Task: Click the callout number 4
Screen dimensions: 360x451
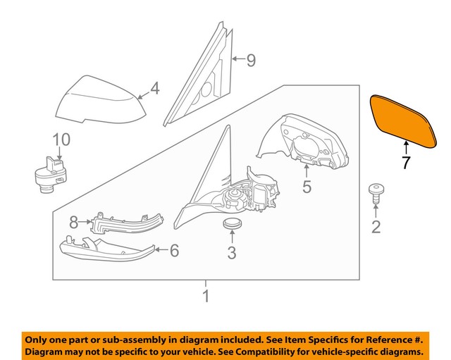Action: click(x=154, y=89)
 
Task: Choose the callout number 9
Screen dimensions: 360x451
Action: click(x=249, y=61)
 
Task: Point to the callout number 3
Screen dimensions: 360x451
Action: click(x=232, y=252)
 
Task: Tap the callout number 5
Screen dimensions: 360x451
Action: click(x=307, y=187)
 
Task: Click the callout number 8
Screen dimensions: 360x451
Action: click(x=73, y=224)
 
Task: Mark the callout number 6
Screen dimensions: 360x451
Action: click(x=174, y=249)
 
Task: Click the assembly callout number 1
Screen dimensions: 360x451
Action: click(x=206, y=297)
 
